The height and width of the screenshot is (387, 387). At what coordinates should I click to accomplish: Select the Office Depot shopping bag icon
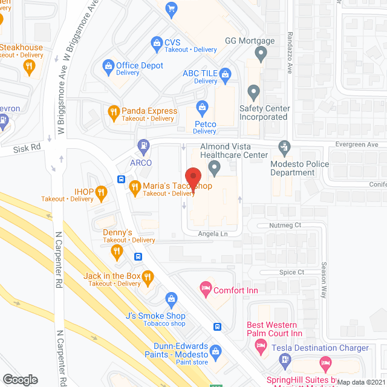(109, 65)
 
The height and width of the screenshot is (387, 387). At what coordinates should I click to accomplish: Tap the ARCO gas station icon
(144, 146)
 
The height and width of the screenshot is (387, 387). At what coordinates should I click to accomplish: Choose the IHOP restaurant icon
(101, 193)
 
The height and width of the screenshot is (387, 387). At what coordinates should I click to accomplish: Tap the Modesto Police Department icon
(284, 146)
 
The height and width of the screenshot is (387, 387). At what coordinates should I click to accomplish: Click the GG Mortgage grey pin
(261, 54)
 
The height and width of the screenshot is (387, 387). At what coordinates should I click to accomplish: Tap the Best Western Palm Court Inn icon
(261, 346)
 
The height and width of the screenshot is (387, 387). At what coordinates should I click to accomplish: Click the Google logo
(19, 379)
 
